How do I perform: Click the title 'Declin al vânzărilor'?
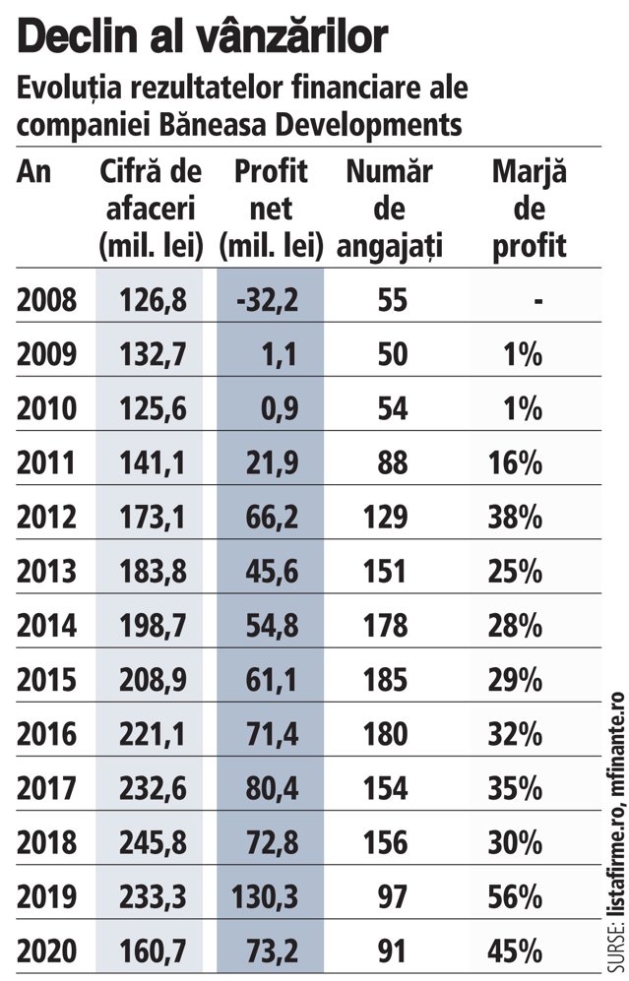(203, 37)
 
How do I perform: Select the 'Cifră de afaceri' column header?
(151, 209)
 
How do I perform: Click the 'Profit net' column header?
(271, 209)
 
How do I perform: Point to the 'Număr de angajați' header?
(389, 209)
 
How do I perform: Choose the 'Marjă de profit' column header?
(530, 209)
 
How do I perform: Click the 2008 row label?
(46, 300)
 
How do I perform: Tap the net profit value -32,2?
(267, 300)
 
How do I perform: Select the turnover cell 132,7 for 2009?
(153, 354)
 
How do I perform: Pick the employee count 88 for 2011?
(392, 463)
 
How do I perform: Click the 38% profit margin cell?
(515, 518)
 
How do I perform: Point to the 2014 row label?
(46, 626)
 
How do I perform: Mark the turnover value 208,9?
(153, 680)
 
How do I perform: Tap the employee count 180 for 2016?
(385, 734)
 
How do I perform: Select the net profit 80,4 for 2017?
(272, 789)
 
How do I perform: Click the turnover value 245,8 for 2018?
(153, 843)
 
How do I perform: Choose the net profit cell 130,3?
(265, 897)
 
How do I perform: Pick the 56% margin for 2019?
(515, 897)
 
